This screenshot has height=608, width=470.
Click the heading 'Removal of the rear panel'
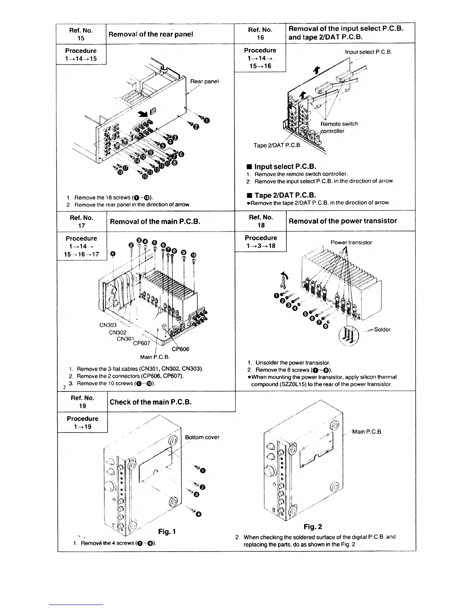coord(151,34)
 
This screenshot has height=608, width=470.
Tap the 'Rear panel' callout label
coord(204,81)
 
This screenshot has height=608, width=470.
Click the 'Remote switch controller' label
coord(339,127)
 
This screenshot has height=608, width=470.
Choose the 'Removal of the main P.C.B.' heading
coord(155,221)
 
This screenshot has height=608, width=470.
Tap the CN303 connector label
coord(108,325)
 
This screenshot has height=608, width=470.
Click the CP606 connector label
coord(180,349)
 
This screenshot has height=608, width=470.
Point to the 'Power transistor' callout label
coord(351,243)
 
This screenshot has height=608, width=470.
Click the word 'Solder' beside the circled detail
coord(382,330)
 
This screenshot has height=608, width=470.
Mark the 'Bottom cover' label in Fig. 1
coord(202,437)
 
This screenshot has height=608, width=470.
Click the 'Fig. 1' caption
coord(167,532)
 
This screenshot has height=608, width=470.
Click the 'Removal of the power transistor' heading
coord(343,221)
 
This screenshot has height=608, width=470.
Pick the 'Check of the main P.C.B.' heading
coord(151,402)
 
